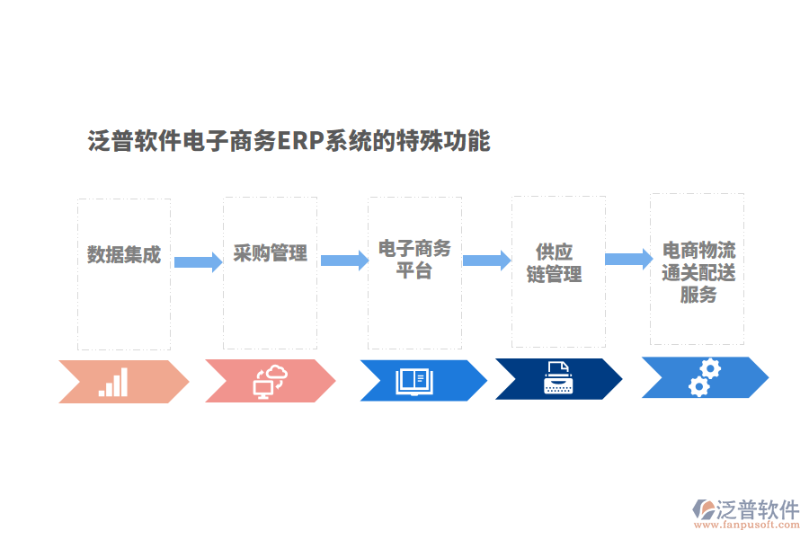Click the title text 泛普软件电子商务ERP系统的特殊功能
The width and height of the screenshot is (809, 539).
[289, 141]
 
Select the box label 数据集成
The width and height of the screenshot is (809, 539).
[124, 254]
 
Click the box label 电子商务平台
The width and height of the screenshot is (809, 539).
[414, 259]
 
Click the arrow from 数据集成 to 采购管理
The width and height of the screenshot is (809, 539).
[198, 262]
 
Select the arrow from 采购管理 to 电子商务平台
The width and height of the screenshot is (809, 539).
[344, 261]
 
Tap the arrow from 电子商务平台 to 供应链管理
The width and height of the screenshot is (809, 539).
[487, 261]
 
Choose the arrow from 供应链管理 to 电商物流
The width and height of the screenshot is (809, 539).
[628, 259]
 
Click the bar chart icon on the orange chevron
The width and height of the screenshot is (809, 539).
[114, 382]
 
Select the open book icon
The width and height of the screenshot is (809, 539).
[414, 381]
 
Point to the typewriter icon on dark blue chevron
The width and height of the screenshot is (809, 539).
[557, 378]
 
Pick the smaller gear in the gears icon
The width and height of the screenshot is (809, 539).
[697, 387]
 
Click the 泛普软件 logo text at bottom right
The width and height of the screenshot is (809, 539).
[758, 509]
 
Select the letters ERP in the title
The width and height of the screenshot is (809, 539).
[300, 141]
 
